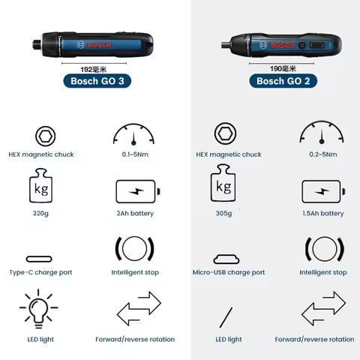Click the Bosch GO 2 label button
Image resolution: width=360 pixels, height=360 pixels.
point(279,80)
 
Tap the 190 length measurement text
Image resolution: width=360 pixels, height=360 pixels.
point(280,67)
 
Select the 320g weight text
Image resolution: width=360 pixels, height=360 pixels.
point(41,213)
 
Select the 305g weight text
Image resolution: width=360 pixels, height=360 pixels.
point(223,213)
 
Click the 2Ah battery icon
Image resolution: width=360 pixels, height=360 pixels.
point(137,191)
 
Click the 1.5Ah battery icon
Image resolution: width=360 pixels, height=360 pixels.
point(322,191)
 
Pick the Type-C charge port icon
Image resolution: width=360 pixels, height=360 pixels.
point(41,258)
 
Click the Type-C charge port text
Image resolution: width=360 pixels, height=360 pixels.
point(41,272)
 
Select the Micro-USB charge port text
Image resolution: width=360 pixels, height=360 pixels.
point(229,272)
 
